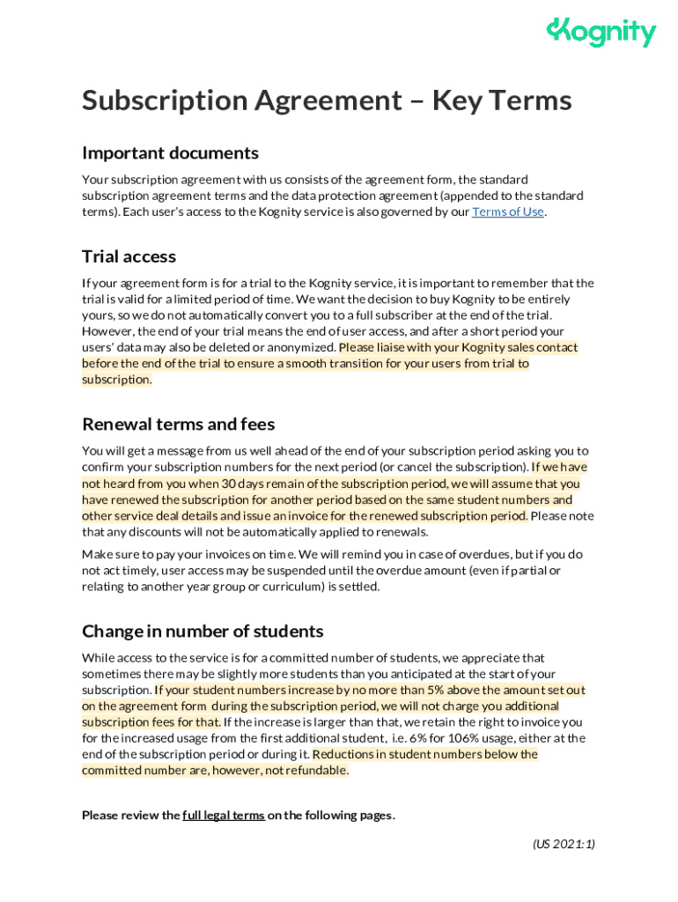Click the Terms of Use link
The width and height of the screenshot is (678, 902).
[508, 212]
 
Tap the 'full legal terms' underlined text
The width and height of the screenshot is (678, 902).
[224, 816]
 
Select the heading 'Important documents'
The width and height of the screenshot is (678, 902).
[170, 153]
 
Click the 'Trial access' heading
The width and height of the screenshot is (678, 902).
[129, 256]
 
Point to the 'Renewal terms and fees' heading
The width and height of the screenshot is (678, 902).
[178, 424]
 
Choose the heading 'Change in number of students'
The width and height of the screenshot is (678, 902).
[203, 631]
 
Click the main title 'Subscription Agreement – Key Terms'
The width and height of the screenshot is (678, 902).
[327, 100]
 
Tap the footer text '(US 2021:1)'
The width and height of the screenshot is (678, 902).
[564, 844]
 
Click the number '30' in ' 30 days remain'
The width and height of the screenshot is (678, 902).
[229, 484]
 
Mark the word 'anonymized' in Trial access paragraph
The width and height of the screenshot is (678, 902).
[301, 348]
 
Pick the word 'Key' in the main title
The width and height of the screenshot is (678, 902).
[462, 100]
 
